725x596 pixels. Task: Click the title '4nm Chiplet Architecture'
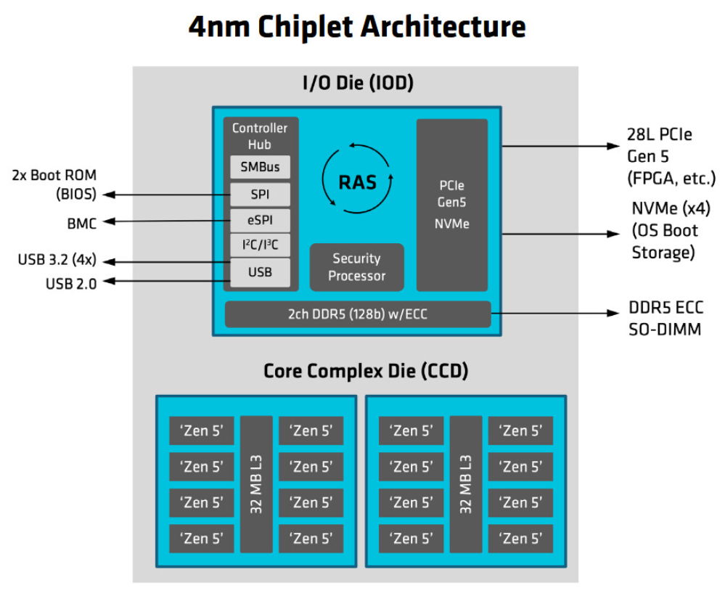[356, 27]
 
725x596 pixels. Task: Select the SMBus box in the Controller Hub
[260, 168]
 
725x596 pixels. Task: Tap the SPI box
[260, 194]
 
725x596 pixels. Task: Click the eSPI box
[260, 221]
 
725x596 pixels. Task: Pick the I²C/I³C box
[260, 246]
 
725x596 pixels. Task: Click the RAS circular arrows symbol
[357, 181]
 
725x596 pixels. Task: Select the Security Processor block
[356, 267]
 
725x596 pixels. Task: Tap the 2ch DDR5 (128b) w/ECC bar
[357, 314]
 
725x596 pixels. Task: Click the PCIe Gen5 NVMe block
[451, 205]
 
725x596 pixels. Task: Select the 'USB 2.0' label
[70, 284]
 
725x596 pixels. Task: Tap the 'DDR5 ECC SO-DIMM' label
[665, 319]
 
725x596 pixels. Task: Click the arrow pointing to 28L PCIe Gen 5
[559, 146]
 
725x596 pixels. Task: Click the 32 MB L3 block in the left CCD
[256, 484]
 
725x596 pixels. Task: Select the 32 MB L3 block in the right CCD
[465, 484]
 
